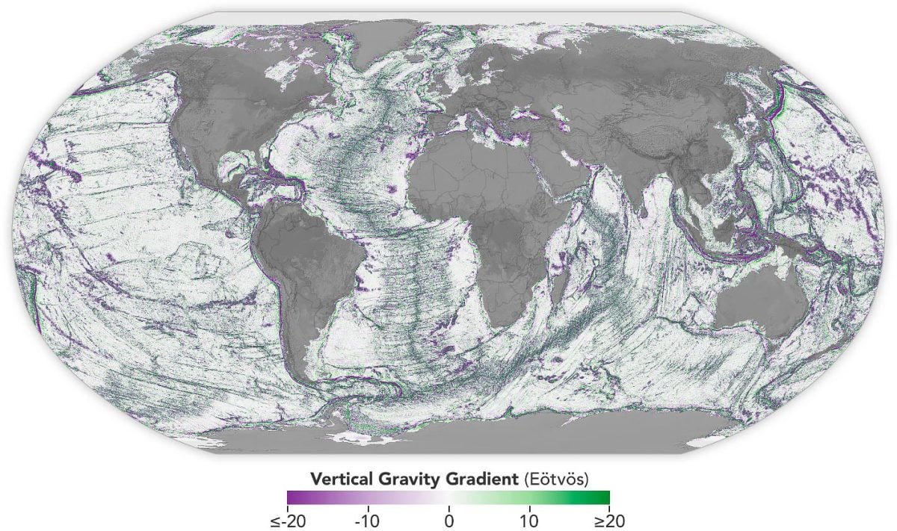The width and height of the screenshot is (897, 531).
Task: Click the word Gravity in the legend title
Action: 397,477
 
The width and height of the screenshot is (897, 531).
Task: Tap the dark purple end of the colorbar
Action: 292,497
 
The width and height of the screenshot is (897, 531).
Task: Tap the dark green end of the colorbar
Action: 605,497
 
